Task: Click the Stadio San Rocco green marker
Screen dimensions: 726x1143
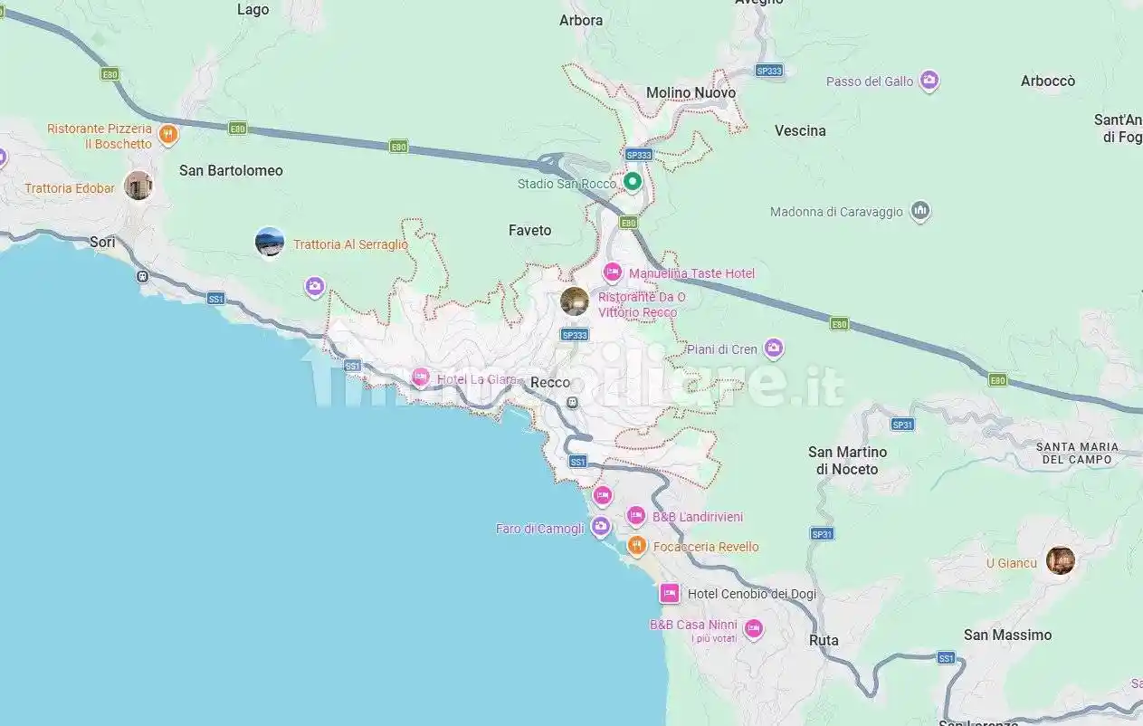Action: pyautogui.click(x=633, y=181)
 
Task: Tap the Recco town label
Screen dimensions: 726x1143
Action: pyautogui.click(x=550, y=383)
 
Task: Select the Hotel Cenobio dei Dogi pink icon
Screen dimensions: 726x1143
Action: pyautogui.click(x=670, y=593)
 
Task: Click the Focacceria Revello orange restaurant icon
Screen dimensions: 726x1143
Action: pyautogui.click(x=637, y=545)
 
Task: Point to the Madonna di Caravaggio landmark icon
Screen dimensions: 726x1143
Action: pyautogui.click(x=920, y=211)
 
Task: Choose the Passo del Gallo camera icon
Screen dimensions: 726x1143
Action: pyautogui.click(x=929, y=81)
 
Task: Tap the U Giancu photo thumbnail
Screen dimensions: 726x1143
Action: pyautogui.click(x=1060, y=560)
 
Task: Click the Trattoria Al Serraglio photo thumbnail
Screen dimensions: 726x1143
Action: pyautogui.click(x=270, y=242)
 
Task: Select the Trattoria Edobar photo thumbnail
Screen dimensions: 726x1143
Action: pyautogui.click(x=138, y=186)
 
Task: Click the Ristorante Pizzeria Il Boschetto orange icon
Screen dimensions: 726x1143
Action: pyautogui.click(x=167, y=136)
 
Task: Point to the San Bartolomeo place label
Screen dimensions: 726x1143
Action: pyautogui.click(x=231, y=170)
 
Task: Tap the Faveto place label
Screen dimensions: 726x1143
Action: pyautogui.click(x=529, y=230)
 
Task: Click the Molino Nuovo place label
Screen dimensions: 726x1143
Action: pyautogui.click(x=691, y=92)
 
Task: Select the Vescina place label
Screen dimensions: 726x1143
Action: pyautogui.click(x=800, y=130)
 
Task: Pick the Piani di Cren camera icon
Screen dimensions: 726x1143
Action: pyautogui.click(x=773, y=348)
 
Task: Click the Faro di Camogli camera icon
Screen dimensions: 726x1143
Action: pyautogui.click(x=600, y=527)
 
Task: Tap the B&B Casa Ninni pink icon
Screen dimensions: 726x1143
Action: pyautogui.click(x=753, y=627)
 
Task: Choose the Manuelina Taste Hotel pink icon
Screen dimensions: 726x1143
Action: pyautogui.click(x=613, y=272)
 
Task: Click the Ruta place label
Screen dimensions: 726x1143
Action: pyautogui.click(x=824, y=640)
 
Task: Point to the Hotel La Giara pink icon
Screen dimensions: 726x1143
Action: pyautogui.click(x=420, y=377)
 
